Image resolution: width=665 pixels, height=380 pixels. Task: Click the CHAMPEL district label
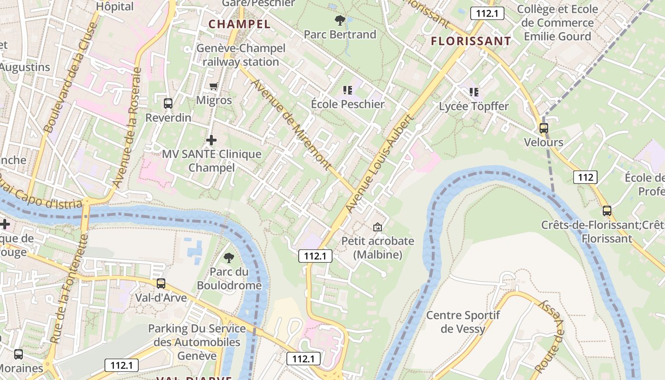pyautogui.click(x=239, y=24)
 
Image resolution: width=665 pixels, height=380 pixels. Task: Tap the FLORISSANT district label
pyautogui.click(x=471, y=41)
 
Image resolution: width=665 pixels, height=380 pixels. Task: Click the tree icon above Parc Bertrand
pyautogui.click(x=340, y=20)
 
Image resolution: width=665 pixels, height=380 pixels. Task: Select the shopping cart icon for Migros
pyautogui.click(x=214, y=86)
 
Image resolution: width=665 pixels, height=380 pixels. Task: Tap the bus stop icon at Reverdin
pyautogui.click(x=168, y=103)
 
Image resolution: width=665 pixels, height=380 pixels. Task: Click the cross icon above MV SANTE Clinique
pyautogui.click(x=211, y=140)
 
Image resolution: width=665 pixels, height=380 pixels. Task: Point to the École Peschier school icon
pyautogui.click(x=347, y=90)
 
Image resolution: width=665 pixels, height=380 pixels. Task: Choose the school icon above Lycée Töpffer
pyautogui.click(x=474, y=92)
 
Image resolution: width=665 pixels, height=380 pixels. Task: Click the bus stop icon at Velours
pyautogui.click(x=543, y=128)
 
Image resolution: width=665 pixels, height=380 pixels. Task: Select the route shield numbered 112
pyautogui.click(x=585, y=178)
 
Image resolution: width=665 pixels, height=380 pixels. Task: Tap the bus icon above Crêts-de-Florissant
pyautogui.click(x=607, y=211)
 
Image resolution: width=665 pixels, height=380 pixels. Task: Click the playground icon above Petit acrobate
pyautogui.click(x=377, y=227)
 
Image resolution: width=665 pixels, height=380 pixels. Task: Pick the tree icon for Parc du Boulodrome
pyautogui.click(x=229, y=258)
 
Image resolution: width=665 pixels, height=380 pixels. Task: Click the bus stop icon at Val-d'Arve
pyautogui.click(x=161, y=284)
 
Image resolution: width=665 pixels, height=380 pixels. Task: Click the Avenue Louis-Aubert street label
pyautogui.click(x=379, y=163)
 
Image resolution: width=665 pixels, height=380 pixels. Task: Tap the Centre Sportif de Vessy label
pyautogui.click(x=463, y=322)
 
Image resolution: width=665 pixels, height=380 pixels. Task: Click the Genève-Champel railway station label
pyautogui.click(x=241, y=55)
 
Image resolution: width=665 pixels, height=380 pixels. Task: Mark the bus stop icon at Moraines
pyautogui.click(x=18, y=354)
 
